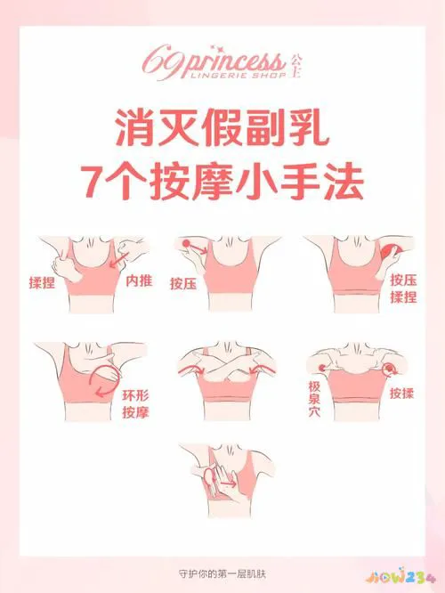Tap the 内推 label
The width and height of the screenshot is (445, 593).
(x=138, y=281)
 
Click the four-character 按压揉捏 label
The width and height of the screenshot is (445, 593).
(x=403, y=288)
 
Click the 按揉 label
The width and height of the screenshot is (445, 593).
(x=401, y=391)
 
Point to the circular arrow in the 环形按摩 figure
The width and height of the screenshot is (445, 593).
(x=105, y=378)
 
